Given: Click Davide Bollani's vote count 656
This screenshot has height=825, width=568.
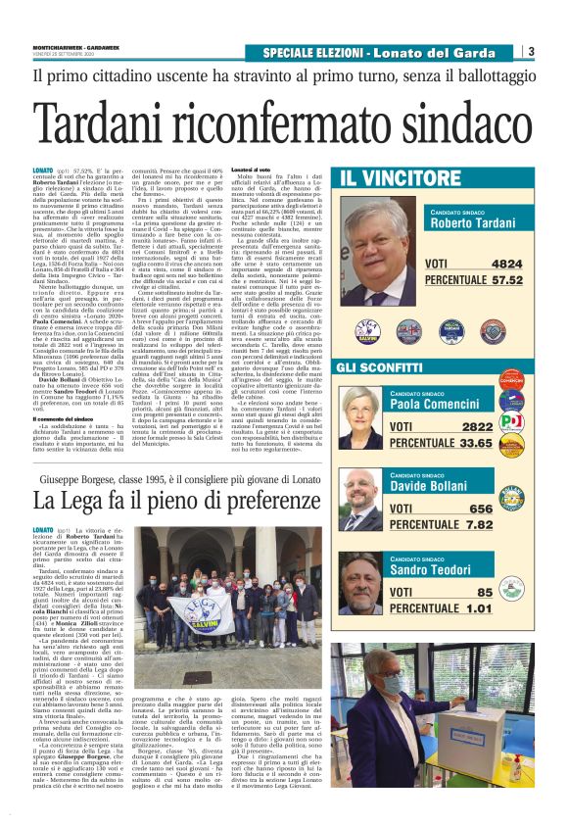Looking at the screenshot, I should [509, 509].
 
